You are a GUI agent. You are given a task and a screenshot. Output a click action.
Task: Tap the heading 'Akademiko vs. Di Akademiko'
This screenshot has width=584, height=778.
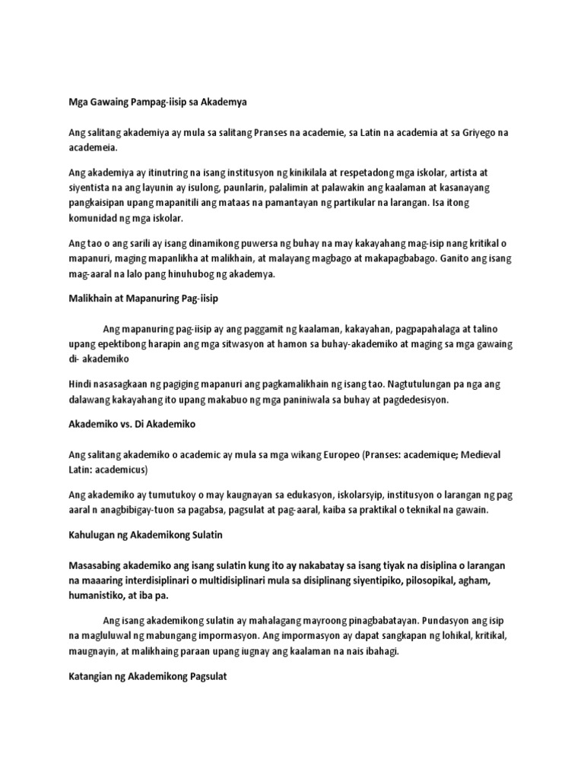pyautogui.click(x=133, y=423)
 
